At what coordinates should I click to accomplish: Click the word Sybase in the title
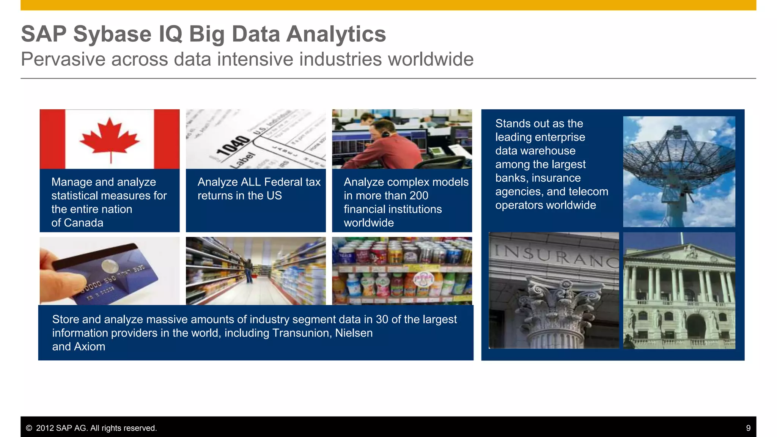tap(112, 34)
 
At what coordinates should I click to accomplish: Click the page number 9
tap(748, 428)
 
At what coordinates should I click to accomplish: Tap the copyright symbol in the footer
tap(29, 428)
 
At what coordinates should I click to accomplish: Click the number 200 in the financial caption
tap(418, 196)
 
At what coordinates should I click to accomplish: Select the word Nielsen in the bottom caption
tap(354, 333)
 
